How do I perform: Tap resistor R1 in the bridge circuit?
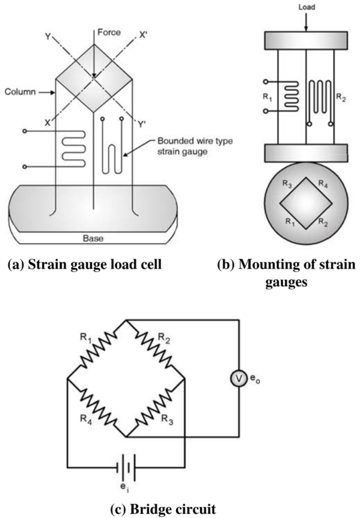97,349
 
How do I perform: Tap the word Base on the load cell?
93,238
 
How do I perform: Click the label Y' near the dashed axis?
141,125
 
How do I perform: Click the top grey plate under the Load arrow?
306,41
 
